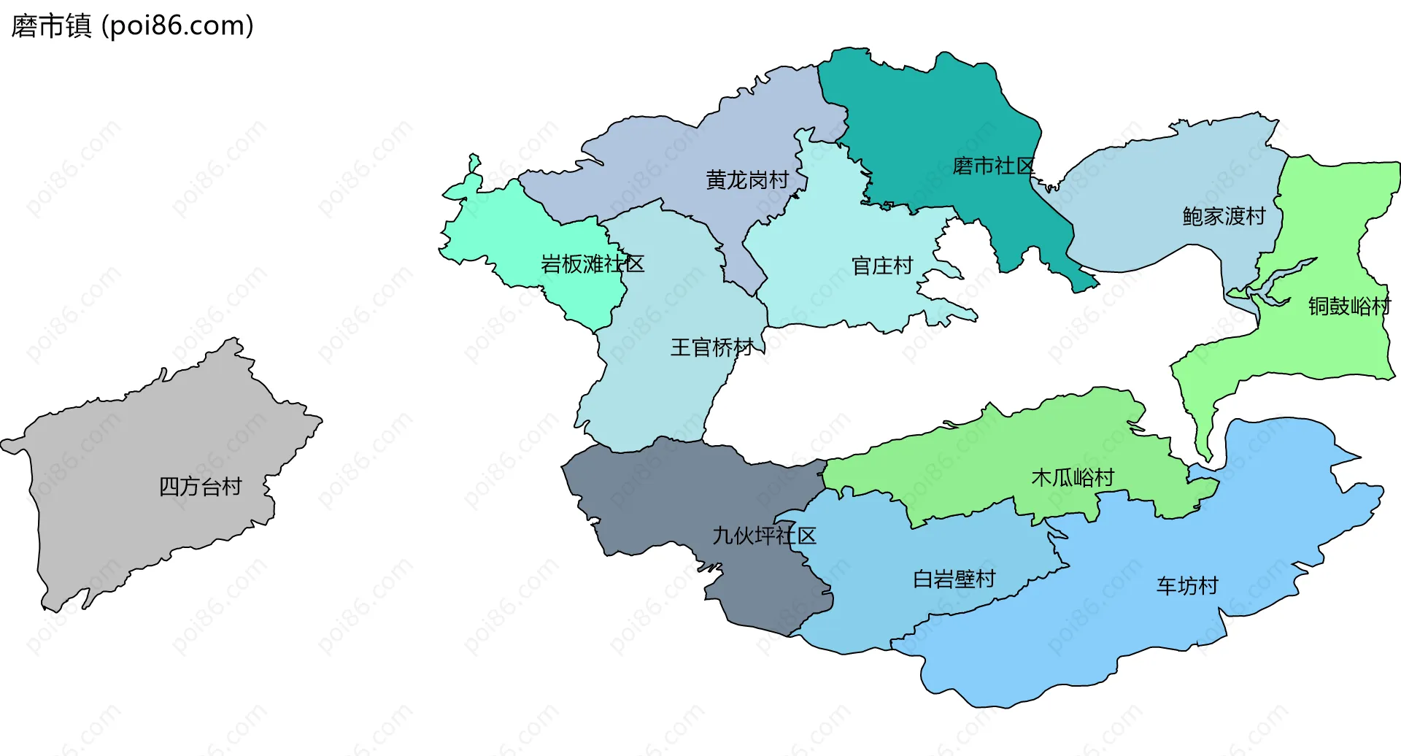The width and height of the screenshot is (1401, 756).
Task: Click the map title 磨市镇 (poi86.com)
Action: [x=132, y=26]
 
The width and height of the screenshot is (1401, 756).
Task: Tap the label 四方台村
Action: [x=200, y=487]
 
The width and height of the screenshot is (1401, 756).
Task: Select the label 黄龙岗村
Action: [x=746, y=180]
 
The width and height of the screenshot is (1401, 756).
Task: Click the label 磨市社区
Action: [x=993, y=166]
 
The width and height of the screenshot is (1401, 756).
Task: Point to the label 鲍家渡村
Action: [x=1223, y=216]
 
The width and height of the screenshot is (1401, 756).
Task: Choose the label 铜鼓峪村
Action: [x=1348, y=306]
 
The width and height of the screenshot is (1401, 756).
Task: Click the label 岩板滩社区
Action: [x=592, y=263]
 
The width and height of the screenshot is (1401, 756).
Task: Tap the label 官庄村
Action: [x=882, y=266]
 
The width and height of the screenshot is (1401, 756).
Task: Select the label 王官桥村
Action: [x=711, y=347]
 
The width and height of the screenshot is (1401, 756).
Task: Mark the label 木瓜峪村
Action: [x=1072, y=478]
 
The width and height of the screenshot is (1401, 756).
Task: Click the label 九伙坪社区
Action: [x=763, y=536]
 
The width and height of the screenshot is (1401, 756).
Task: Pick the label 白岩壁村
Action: [x=954, y=579]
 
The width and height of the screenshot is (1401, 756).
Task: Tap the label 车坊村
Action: [x=1186, y=586]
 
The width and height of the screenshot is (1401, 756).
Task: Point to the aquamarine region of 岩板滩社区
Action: [x=511, y=234]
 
